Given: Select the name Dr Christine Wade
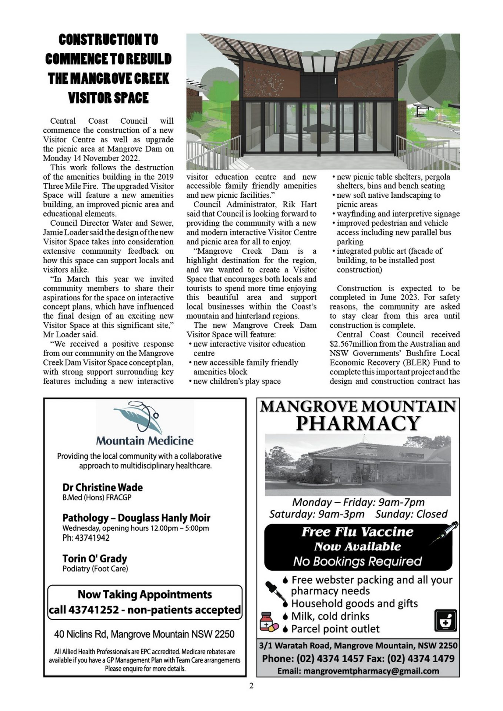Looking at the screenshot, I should (102, 487).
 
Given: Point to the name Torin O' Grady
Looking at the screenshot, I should (94, 558).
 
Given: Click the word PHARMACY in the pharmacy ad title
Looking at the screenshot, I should (358, 423).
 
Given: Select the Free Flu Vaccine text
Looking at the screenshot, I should (357, 532).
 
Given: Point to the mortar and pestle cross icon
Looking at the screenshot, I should (446, 620).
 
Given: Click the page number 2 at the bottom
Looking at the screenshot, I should (251, 686).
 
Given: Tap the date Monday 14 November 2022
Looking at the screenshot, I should (91, 158).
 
